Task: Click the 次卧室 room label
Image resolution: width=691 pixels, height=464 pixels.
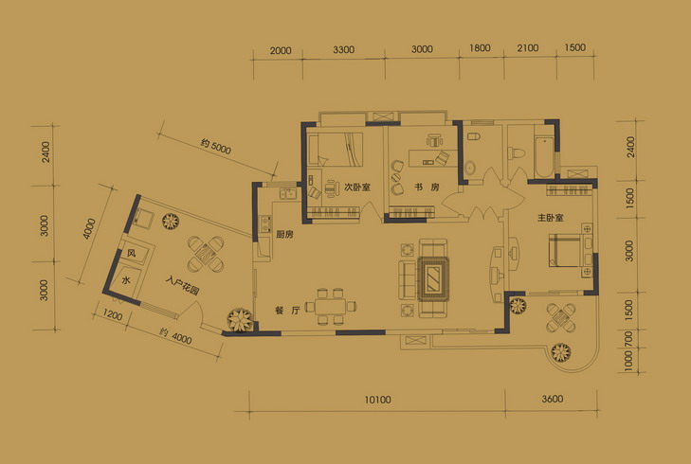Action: click(357, 187)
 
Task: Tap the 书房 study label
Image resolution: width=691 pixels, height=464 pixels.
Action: click(427, 187)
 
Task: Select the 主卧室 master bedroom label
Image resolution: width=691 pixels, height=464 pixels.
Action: click(550, 218)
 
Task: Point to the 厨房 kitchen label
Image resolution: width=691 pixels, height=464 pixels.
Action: click(284, 235)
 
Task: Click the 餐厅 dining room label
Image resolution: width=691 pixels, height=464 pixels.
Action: click(287, 311)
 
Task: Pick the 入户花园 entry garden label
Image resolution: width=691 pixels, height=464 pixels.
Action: click(183, 285)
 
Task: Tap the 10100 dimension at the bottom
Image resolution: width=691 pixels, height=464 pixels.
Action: click(377, 400)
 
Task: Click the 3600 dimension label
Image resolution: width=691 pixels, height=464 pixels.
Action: click(553, 399)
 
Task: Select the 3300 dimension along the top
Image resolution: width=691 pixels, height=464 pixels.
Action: click(344, 50)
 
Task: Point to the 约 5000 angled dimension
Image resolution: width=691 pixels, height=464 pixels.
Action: click(215, 147)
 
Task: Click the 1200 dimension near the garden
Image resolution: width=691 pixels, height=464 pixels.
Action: click(113, 314)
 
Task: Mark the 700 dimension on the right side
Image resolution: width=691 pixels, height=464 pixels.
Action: click(628, 339)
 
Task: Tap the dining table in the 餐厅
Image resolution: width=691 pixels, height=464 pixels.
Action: click(331, 307)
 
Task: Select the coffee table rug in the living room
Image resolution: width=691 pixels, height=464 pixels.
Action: click(433, 279)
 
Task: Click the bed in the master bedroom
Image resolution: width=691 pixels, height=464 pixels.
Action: click(565, 250)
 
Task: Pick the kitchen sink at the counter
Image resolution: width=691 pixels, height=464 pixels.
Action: click(287, 193)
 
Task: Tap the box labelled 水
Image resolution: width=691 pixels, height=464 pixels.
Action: click(126, 280)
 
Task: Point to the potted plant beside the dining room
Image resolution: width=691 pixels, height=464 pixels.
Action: click(240, 319)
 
